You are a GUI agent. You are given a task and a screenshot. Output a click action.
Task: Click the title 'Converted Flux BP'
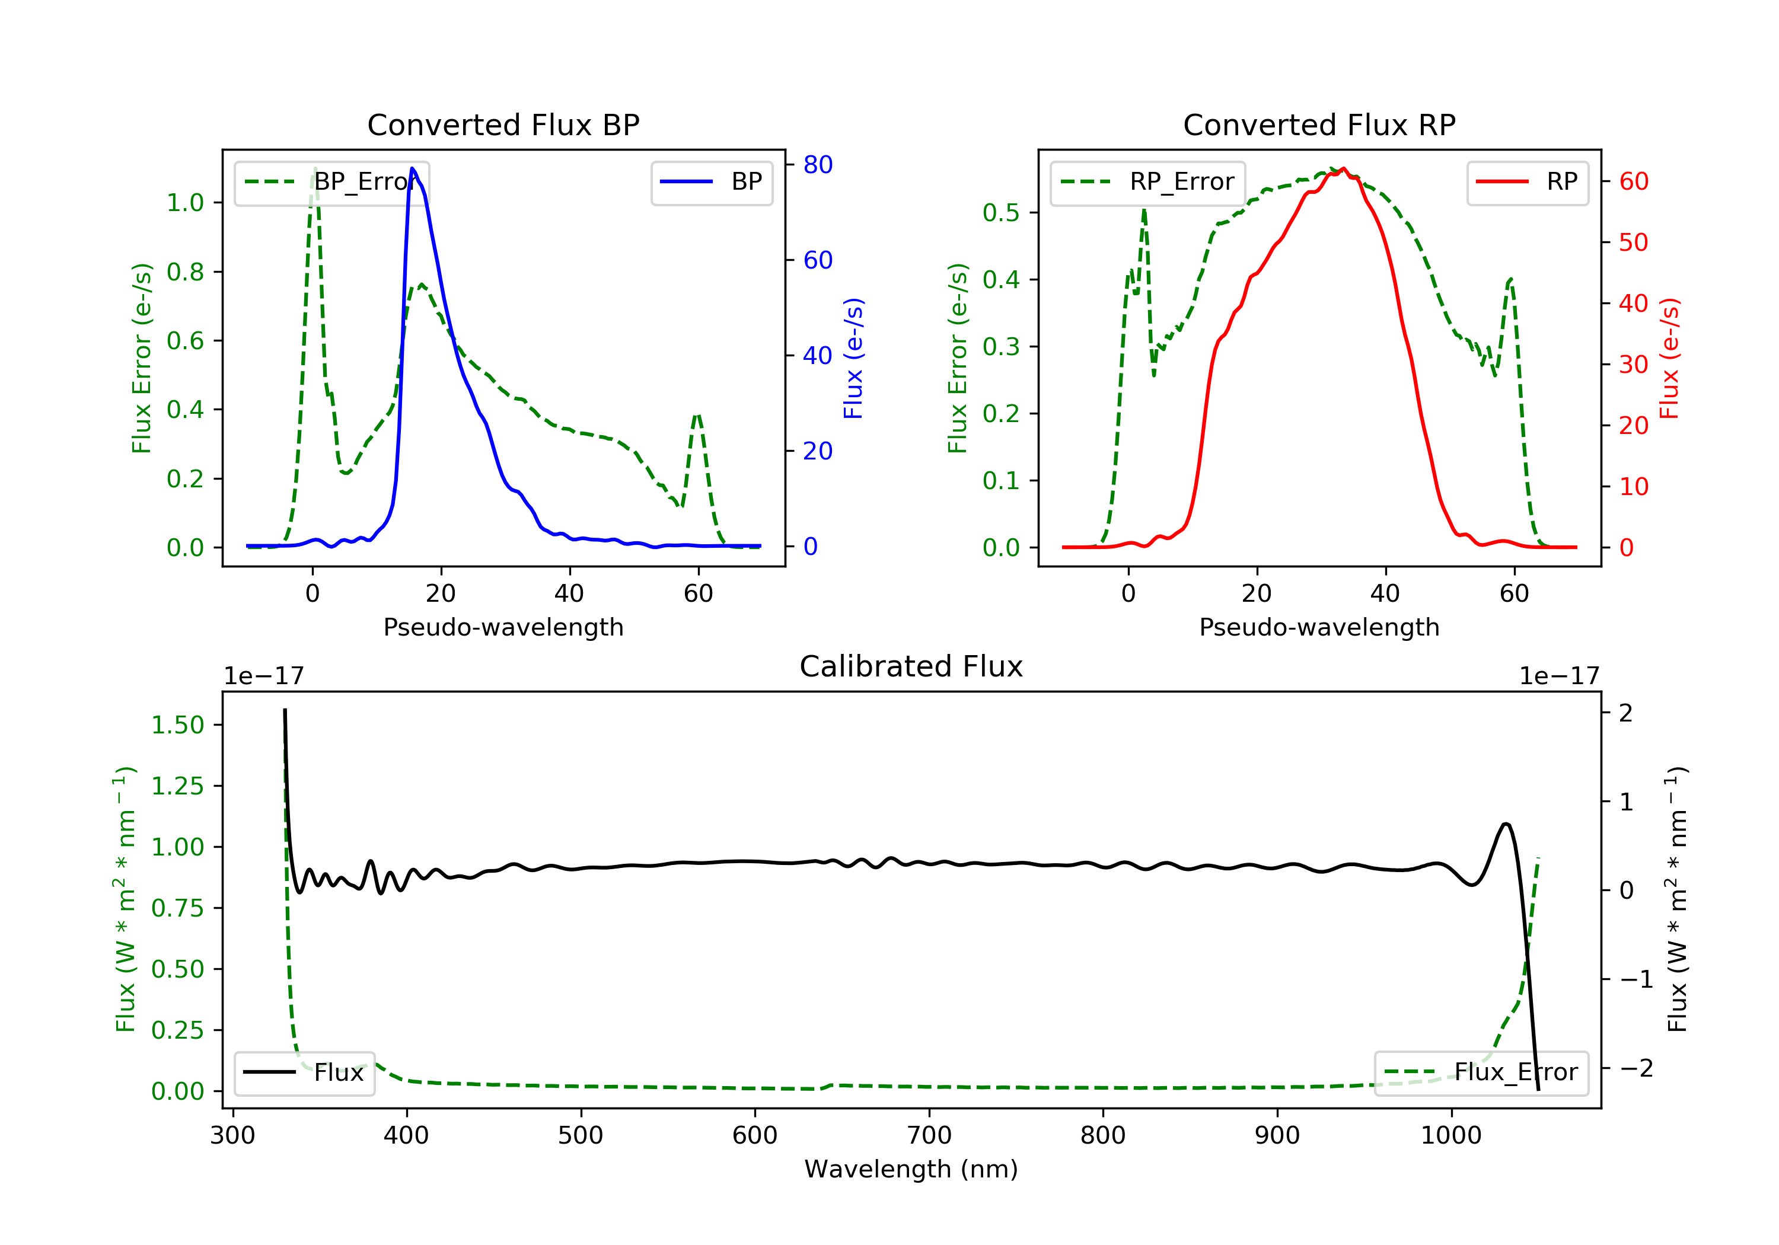click(503, 124)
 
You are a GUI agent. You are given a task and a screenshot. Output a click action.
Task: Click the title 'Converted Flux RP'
click(1319, 124)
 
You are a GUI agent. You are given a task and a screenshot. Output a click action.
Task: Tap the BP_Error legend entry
click(331, 182)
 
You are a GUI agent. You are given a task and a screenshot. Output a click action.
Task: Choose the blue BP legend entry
click(711, 182)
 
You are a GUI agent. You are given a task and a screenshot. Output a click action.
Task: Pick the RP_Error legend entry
click(1147, 182)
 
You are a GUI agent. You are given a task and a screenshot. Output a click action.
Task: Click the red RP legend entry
click(1527, 182)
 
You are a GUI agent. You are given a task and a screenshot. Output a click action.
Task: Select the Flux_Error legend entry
click(1481, 1072)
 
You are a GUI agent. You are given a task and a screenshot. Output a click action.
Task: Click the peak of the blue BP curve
click(412, 168)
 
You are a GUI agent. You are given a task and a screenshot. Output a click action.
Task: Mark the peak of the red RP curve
click(1344, 169)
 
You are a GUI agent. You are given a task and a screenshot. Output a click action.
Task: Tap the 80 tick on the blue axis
click(817, 164)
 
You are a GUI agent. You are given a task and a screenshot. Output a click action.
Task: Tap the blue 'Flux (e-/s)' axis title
click(853, 358)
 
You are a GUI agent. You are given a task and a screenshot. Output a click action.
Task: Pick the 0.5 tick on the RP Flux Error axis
click(1000, 212)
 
